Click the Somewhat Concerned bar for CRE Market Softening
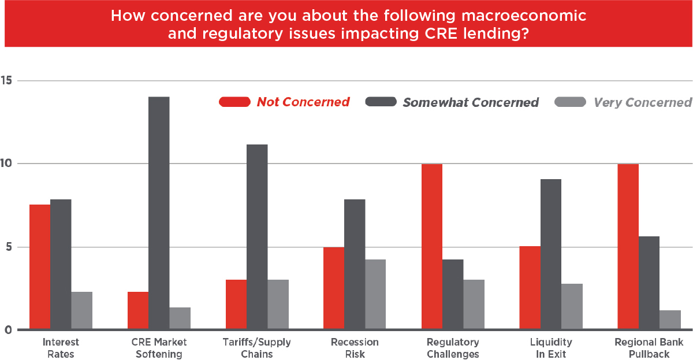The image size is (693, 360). coord(159,213)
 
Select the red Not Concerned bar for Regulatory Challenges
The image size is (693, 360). coord(431,247)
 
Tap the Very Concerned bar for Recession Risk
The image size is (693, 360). coord(375,295)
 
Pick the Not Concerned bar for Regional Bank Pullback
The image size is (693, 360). coord(628,247)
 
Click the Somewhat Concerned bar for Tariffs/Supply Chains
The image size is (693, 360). coord(257,237)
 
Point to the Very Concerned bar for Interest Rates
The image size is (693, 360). coord(82,311)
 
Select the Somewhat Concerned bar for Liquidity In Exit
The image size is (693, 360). coord(550,254)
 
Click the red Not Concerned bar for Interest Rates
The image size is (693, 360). coord(40,267)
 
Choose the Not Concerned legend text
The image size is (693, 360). coord(303,102)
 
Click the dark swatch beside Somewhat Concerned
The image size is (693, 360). coord(381,102)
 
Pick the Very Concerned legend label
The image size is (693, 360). coord(642,102)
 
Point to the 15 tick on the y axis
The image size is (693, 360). coord(8,80)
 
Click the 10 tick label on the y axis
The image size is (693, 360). coord(8,164)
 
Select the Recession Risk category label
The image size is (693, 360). coord(355,348)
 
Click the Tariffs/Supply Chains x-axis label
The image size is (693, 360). coord(257,348)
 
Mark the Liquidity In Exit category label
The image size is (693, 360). coord(550,348)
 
